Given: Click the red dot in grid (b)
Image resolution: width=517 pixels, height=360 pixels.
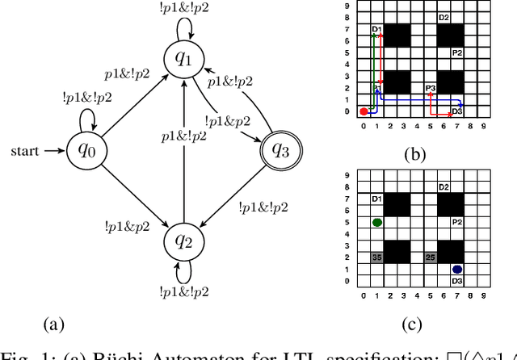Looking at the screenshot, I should pos(364,111).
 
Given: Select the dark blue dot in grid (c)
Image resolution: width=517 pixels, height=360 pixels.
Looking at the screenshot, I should pos(457,269).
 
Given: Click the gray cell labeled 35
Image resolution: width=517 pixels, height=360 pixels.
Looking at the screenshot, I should pos(376,257).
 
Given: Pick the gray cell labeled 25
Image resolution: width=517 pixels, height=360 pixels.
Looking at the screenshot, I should pos(431,257).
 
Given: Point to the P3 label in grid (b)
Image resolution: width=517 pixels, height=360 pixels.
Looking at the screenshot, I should pos(431,87).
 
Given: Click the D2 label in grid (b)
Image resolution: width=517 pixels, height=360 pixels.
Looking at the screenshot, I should pos(443,18).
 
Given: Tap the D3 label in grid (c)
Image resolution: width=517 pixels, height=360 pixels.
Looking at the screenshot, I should pos(457,280).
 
